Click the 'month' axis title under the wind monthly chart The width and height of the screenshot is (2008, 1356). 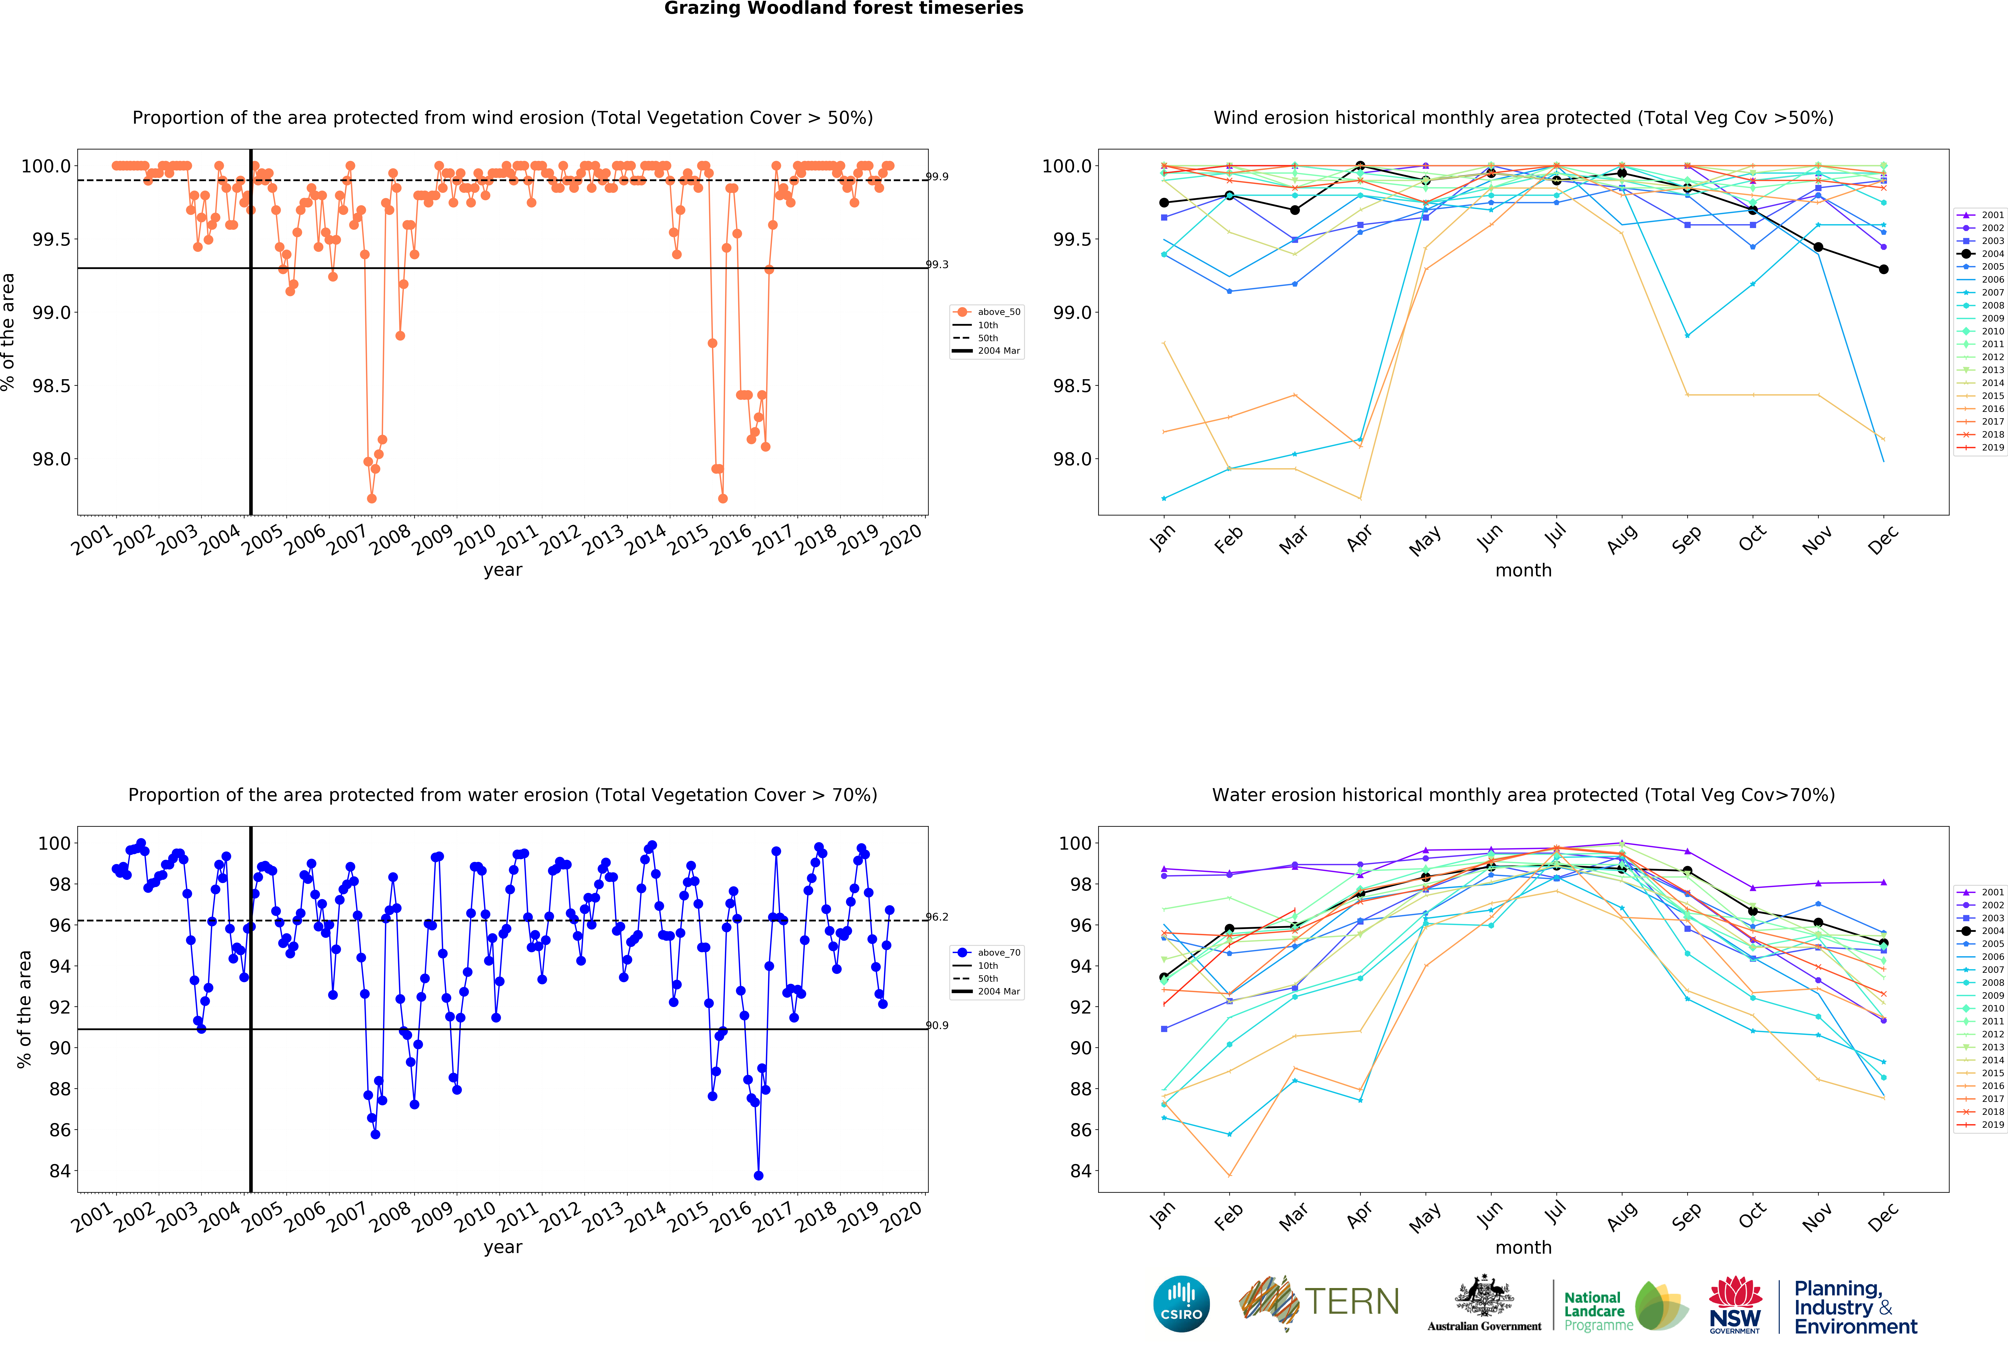coord(1523,570)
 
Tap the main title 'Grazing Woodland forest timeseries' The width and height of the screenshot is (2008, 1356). coord(843,9)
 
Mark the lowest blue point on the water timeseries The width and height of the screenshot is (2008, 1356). coord(759,1176)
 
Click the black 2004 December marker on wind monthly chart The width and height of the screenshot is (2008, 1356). coord(1884,269)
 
